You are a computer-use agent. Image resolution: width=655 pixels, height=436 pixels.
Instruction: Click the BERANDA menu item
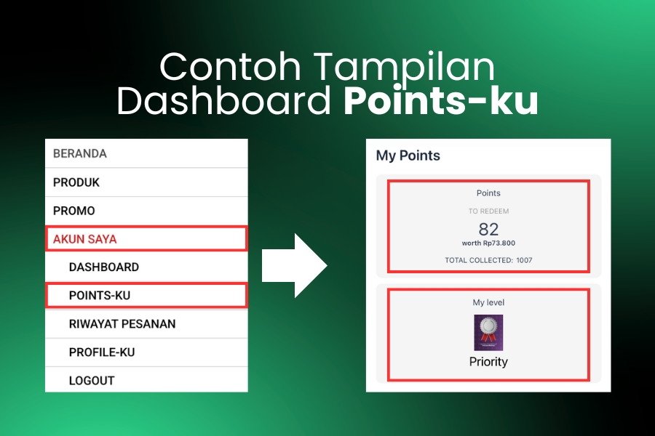pyautogui.click(x=80, y=153)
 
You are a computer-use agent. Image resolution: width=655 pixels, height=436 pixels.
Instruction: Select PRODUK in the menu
pyautogui.click(x=76, y=182)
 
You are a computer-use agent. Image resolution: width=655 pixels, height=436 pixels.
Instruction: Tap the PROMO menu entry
pyautogui.click(x=74, y=211)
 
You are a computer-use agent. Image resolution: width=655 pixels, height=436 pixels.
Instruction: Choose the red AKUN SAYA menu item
pyautogui.click(x=85, y=239)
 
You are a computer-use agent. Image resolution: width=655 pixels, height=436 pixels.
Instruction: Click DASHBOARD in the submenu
pyautogui.click(x=104, y=267)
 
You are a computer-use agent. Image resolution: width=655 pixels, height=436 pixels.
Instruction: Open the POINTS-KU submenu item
pyautogui.click(x=100, y=296)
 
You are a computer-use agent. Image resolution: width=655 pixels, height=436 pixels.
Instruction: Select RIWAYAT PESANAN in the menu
pyautogui.click(x=122, y=324)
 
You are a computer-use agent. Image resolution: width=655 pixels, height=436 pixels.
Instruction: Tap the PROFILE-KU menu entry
pyautogui.click(x=102, y=352)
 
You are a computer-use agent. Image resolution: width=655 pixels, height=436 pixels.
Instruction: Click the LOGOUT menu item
pyautogui.click(x=92, y=381)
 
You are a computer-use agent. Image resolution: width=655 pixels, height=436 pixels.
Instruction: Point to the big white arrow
pyautogui.click(x=295, y=266)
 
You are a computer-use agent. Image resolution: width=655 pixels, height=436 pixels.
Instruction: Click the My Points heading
pyautogui.click(x=408, y=156)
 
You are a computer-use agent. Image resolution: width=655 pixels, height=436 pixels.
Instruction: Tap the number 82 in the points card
pyautogui.click(x=488, y=229)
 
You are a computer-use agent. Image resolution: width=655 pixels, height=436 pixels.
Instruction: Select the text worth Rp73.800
pyautogui.click(x=488, y=243)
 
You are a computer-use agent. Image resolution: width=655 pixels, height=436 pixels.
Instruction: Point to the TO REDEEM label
pyautogui.click(x=488, y=211)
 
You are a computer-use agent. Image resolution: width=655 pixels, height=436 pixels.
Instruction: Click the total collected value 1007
pyautogui.click(x=524, y=260)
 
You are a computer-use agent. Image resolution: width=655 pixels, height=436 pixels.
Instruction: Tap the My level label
pyautogui.click(x=488, y=302)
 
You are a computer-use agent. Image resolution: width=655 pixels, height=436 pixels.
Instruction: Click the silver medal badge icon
pyautogui.click(x=488, y=333)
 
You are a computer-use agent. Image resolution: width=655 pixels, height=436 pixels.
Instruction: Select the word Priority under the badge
pyautogui.click(x=488, y=362)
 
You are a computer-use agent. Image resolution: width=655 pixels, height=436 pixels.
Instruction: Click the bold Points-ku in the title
pyautogui.click(x=441, y=100)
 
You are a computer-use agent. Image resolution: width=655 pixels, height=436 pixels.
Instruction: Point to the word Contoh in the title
pyautogui.click(x=230, y=66)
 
